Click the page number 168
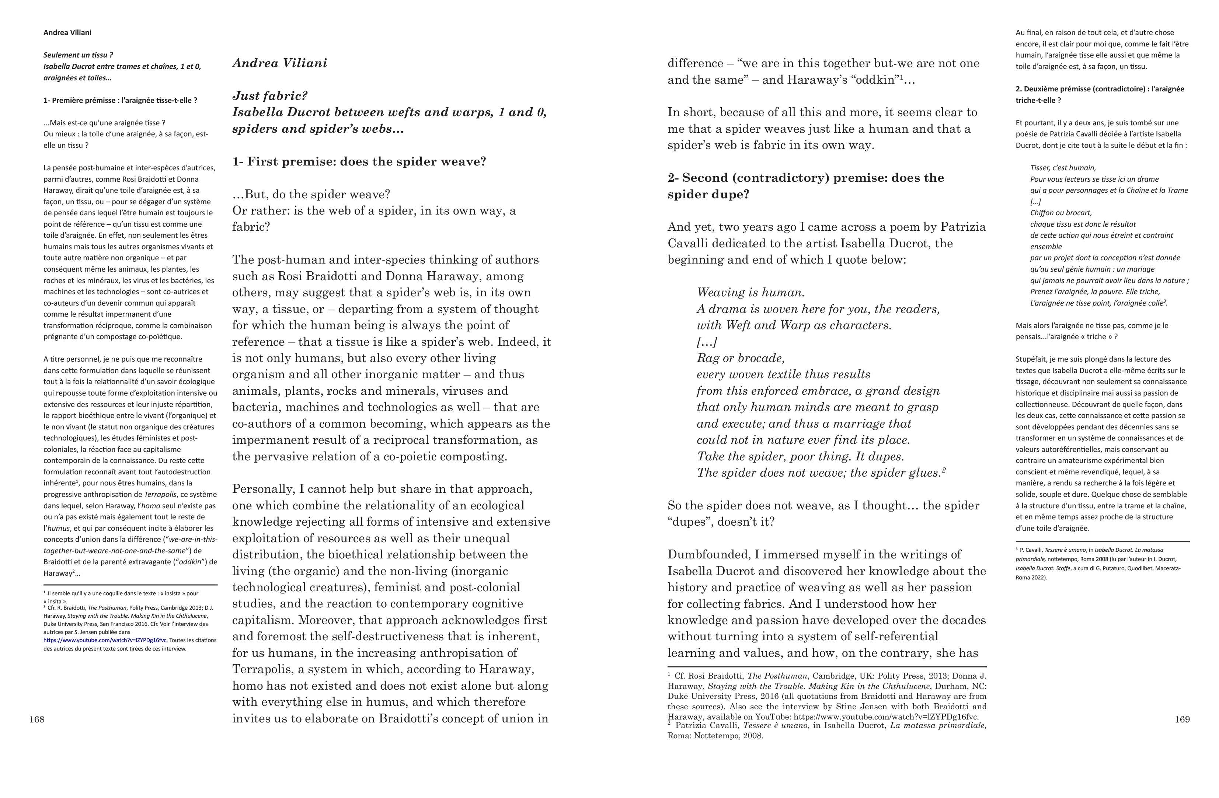click(36, 719)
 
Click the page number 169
click(1182, 719)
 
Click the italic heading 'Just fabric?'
click(270, 96)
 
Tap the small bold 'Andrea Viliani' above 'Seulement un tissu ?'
click(67, 32)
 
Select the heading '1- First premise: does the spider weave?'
click(359, 161)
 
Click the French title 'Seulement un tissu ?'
click(78, 55)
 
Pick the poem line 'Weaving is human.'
click(750, 292)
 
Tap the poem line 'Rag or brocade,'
click(740, 358)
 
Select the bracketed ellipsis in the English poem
click(707, 342)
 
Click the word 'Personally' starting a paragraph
click(263, 489)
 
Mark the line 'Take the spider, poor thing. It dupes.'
click(800, 456)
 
